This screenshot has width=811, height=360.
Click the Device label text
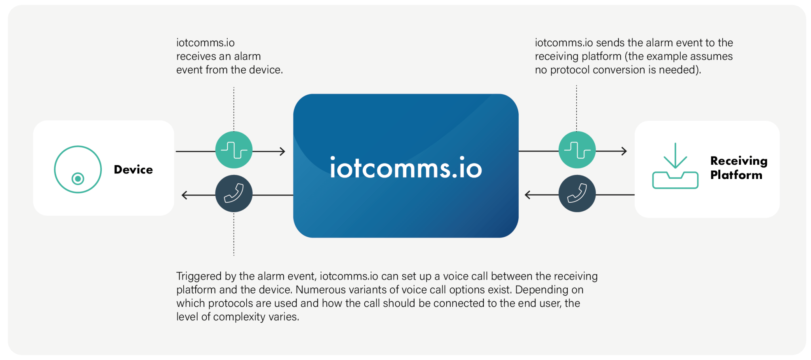(x=133, y=170)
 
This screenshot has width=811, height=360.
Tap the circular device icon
(x=78, y=170)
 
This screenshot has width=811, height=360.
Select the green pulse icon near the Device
(x=234, y=150)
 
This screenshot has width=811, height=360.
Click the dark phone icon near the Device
(x=234, y=194)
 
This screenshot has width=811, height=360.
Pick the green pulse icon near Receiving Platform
(x=577, y=150)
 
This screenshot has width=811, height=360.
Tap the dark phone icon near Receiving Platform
(x=577, y=194)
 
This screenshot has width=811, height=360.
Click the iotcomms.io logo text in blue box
(x=406, y=168)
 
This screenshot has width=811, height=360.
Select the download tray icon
(x=675, y=166)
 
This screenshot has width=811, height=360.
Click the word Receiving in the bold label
(x=739, y=161)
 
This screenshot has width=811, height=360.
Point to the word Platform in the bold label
(x=736, y=175)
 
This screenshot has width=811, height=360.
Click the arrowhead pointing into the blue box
(x=282, y=151)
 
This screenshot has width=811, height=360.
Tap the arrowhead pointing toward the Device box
(x=185, y=195)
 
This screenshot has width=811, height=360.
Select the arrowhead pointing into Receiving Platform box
(x=624, y=151)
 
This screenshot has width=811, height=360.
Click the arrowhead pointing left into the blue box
(x=527, y=195)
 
